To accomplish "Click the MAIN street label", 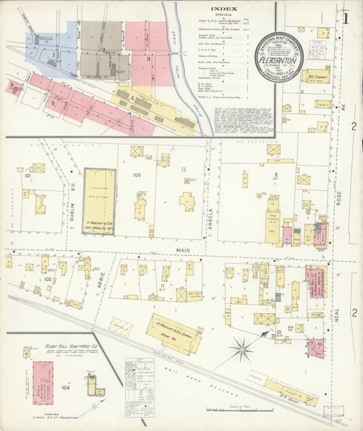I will (x=183, y=250).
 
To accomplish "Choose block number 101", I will (x=27, y=176).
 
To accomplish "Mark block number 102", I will (x=47, y=279).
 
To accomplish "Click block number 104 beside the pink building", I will (x=65, y=387).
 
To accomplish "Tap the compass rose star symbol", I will (x=240, y=351).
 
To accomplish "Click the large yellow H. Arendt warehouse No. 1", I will (x=99, y=201).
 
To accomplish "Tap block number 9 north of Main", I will (x=276, y=175).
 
